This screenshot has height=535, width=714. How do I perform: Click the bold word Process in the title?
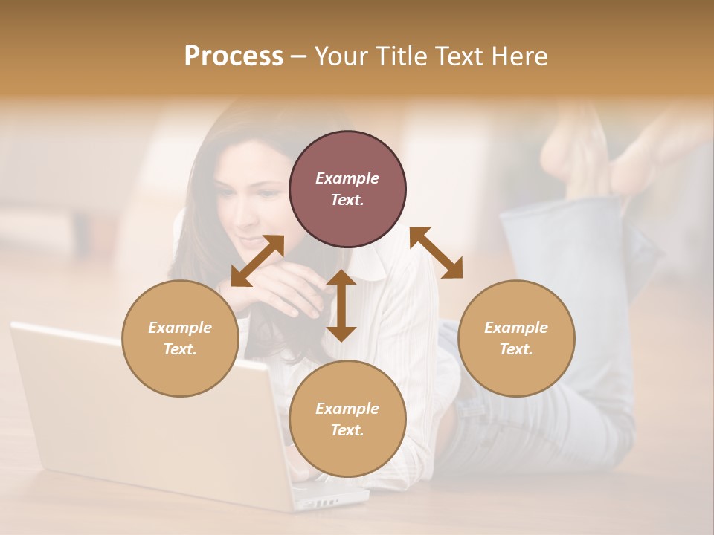(234, 56)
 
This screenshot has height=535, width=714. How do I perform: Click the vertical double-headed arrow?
(341, 305)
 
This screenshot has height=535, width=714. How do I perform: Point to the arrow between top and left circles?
(257, 260)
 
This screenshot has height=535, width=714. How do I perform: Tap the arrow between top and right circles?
(436, 253)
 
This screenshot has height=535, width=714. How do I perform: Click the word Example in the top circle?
(347, 178)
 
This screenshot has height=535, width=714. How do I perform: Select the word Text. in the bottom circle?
(347, 430)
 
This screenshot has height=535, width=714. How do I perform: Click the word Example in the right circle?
(516, 328)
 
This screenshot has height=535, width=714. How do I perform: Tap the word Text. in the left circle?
(180, 349)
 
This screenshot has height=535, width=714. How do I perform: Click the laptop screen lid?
(134, 416)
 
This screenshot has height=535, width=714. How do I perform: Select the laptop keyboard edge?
(327, 498)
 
